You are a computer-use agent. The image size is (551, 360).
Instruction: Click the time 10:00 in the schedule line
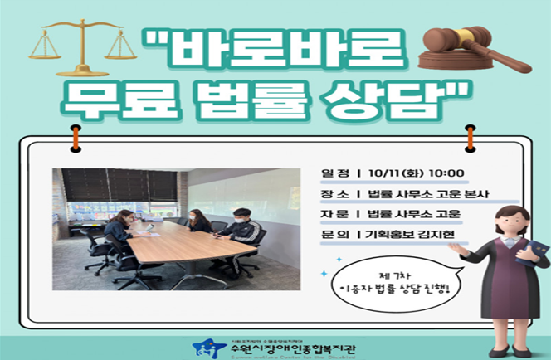pyautogui.click(x=446, y=173)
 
